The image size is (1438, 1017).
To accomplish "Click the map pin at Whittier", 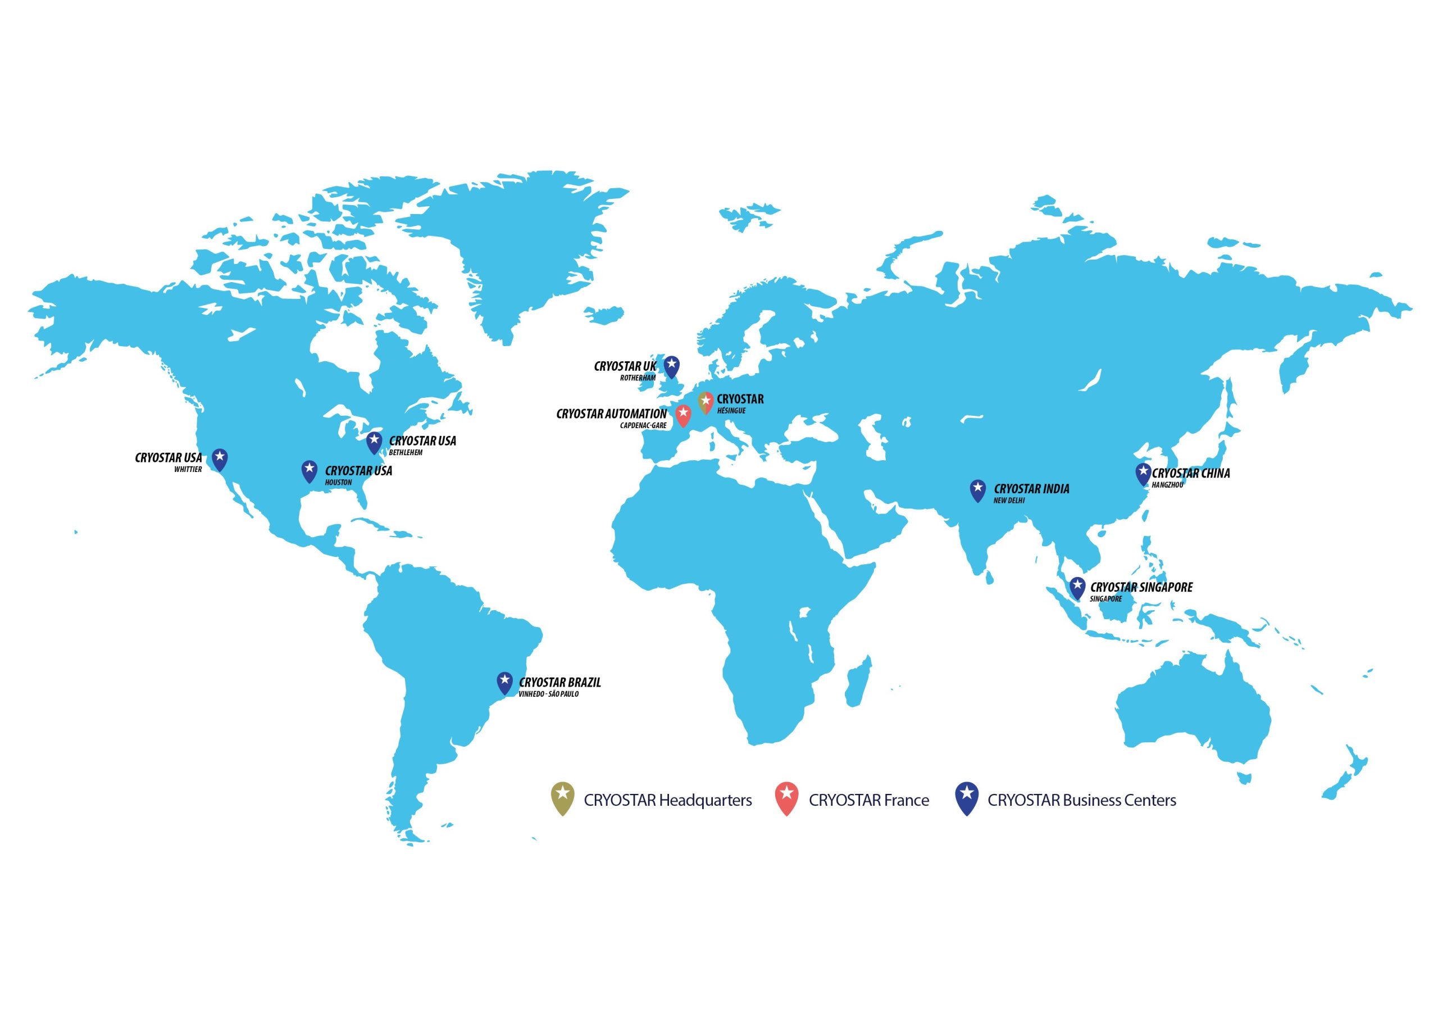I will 219,458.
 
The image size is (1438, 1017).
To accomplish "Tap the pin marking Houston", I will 310,471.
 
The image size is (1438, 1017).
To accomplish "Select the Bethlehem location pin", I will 374,442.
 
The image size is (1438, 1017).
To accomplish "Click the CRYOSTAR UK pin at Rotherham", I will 671,366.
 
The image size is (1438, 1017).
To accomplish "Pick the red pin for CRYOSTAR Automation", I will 683,415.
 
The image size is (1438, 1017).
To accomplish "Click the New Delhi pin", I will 977,489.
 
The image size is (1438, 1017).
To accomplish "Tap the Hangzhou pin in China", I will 1143,474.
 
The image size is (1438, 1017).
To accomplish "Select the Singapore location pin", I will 1077,587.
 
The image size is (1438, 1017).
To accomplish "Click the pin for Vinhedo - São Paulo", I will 504,682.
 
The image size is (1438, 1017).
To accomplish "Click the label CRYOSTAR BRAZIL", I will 559,682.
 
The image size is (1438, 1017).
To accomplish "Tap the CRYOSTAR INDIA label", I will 1031,489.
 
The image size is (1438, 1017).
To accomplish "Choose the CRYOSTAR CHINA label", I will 1191,474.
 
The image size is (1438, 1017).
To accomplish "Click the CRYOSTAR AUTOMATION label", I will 611,414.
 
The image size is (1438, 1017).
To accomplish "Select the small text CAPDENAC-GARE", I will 643,425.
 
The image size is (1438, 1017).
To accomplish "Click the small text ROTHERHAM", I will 638,378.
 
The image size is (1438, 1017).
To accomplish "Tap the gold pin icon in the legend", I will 562,798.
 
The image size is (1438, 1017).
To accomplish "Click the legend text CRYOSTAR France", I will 868,800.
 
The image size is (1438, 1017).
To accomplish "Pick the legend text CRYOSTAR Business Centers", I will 1082,800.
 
